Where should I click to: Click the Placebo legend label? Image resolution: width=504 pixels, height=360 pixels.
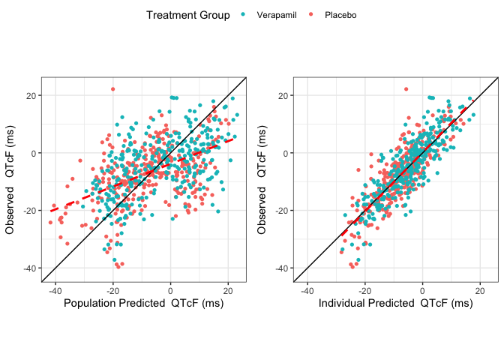coord(340,16)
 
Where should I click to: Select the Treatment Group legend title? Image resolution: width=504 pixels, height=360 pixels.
coord(188,16)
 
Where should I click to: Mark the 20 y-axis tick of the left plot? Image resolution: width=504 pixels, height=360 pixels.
coord(31,95)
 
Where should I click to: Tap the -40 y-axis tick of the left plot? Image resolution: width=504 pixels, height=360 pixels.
coord(28,268)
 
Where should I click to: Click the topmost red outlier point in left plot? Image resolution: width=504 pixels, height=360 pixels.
coord(113,89)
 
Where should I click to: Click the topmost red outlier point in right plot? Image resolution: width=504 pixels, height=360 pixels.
coord(406,89)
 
